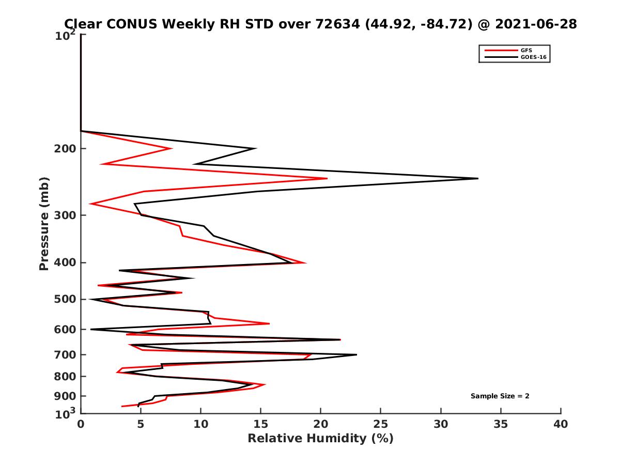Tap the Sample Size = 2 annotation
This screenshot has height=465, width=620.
pos(500,396)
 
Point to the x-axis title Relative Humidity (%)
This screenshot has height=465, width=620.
pos(320,439)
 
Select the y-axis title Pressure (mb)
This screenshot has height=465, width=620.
pos(44,224)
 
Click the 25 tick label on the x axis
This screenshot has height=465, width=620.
pos(381,425)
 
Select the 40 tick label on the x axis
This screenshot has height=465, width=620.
pos(561,425)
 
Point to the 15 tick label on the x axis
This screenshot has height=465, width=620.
pos(260,425)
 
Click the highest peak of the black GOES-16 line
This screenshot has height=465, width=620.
pos(477,178)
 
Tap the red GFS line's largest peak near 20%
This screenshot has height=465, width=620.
pos(327,179)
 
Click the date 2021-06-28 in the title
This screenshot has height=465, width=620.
pos(535,24)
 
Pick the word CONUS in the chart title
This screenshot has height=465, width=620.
pos(122,24)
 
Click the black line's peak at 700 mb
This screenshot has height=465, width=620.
pos(356,354)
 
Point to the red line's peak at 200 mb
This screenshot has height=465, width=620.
pos(171,149)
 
